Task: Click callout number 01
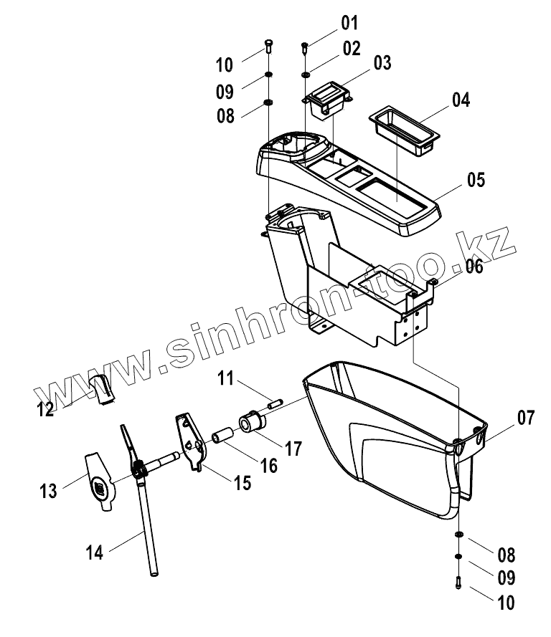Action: click(x=349, y=24)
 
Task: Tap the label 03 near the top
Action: click(x=382, y=63)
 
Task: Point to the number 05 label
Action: click(x=476, y=179)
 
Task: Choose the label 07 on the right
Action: click(x=525, y=418)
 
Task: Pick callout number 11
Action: click(x=227, y=378)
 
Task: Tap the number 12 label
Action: click(x=46, y=408)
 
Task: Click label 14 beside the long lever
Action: click(x=95, y=552)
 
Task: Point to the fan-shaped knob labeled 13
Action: click(x=98, y=484)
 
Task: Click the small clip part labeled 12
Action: click(x=103, y=387)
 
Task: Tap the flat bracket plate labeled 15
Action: click(x=190, y=439)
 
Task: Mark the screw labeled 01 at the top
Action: click(x=305, y=48)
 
